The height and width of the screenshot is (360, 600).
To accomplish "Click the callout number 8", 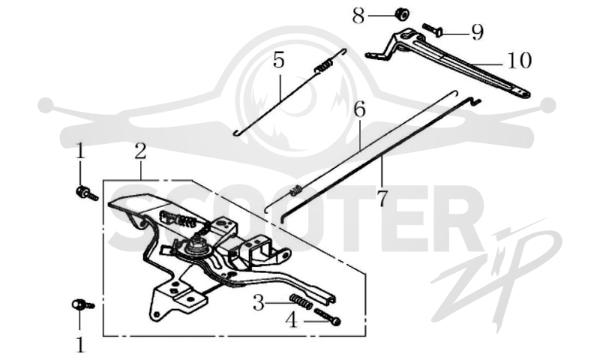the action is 358,16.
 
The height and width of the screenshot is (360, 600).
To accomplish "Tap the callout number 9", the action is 477,32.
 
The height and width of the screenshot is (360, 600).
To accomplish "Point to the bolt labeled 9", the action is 433,30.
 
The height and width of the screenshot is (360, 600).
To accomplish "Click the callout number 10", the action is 520,61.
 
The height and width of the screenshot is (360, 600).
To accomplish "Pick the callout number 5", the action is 278,60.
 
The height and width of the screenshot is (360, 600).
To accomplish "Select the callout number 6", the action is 360,109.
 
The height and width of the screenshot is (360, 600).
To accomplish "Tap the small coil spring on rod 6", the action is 297,190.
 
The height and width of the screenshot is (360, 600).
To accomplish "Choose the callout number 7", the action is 382,199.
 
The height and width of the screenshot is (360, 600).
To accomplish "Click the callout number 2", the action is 140,151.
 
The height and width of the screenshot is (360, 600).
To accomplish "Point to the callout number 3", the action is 259,304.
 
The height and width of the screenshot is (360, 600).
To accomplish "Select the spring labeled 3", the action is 301,301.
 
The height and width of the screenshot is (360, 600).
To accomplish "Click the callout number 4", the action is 292,320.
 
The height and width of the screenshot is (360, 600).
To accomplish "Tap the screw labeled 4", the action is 327,316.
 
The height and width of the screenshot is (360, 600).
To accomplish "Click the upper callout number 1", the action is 79,151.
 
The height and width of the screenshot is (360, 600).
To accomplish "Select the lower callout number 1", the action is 80,345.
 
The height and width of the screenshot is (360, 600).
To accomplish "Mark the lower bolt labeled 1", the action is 82,304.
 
